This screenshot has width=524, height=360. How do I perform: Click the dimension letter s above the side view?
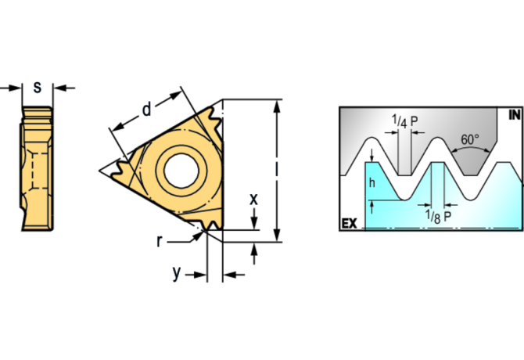[x=37, y=87]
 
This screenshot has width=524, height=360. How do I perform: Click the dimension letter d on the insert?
[x=146, y=110]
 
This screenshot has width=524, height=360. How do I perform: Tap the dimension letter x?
[x=253, y=200]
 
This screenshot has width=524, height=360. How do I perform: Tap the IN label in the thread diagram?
[x=514, y=115]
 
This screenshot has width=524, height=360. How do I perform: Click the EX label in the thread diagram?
[x=349, y=224]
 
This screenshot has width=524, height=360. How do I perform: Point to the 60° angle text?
[x=469, y=139]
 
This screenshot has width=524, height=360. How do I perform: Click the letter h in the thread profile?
[x=372, y=182]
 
